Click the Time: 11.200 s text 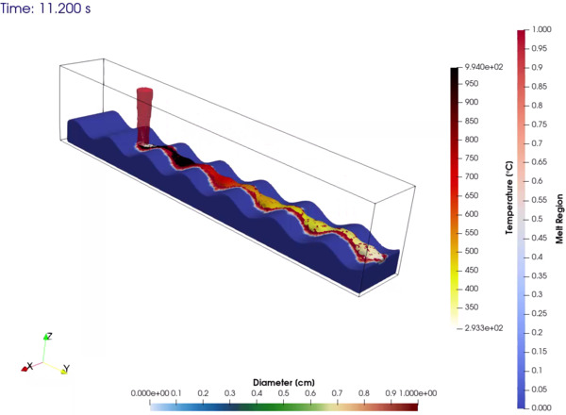point(45,8)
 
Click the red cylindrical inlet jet point(144,115)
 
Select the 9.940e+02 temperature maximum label point(484,67)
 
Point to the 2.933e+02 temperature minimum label point(484,328)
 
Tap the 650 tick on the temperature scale point(472,195)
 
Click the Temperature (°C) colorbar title point(509,197)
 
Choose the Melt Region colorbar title point(559,219)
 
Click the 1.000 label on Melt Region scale point(541,29)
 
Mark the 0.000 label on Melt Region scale point(541,407)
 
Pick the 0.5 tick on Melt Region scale point(538,219)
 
